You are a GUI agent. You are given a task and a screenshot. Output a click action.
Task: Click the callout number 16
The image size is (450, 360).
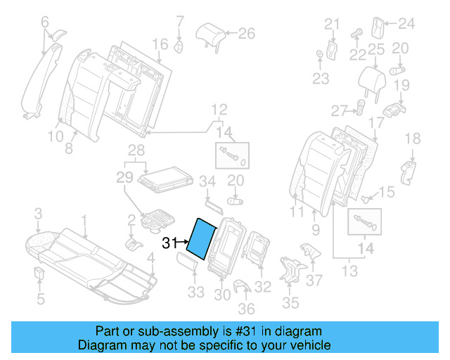160,44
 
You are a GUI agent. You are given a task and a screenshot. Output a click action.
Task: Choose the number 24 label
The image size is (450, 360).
407,25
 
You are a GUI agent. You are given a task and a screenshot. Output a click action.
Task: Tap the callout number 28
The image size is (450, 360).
136,149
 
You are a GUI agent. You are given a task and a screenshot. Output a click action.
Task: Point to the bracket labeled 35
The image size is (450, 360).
290,271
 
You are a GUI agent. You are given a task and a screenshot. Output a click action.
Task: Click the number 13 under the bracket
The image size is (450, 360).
349,271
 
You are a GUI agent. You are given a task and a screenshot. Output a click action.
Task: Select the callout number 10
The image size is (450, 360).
56,137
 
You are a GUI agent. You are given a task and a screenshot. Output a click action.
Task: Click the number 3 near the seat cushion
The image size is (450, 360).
39,212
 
